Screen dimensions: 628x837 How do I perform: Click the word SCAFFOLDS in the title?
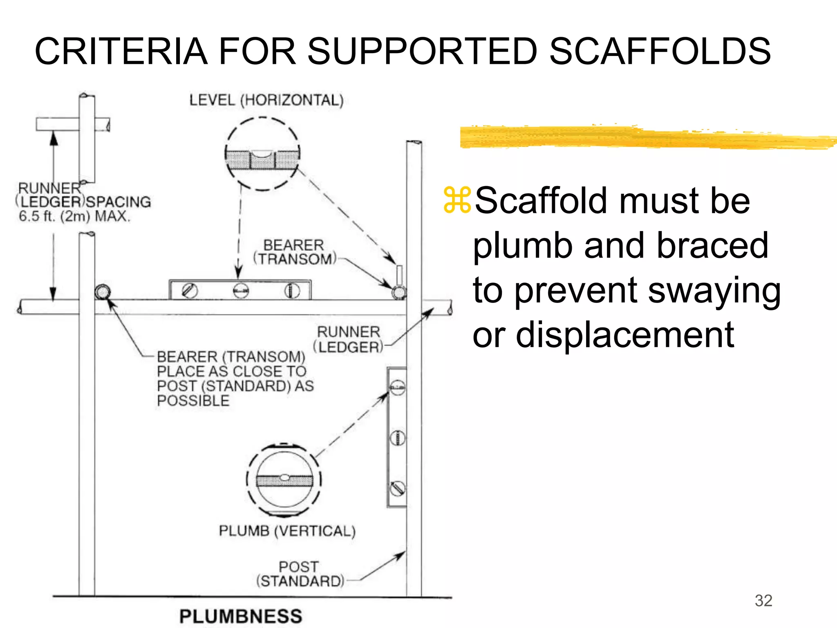(x=660, y=52)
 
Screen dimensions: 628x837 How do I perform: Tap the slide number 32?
(x=763, y=601)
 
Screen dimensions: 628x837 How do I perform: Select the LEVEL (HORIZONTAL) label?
(x=266, y=100)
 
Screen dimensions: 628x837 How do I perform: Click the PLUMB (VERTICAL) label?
(x=287, y=531)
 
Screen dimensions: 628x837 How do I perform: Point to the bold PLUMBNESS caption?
(x=241, y=616)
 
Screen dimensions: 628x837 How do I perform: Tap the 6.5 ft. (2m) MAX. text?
(x=74, y=216)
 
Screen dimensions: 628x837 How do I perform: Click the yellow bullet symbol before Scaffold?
(x=457, y=200)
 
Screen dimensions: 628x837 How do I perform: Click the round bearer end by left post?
(x=103, y=292)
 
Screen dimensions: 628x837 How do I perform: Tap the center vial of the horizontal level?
(x=241, y=291)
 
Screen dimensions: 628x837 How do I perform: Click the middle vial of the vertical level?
(x=397, y=438)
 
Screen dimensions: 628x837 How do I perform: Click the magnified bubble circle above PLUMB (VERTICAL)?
(x=284, y=480)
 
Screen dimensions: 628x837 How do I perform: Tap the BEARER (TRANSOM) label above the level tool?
(x=294, y=252)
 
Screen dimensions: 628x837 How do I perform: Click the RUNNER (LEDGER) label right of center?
(x=349, y=339)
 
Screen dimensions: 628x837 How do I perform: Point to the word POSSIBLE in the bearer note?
(x=193, y=401)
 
